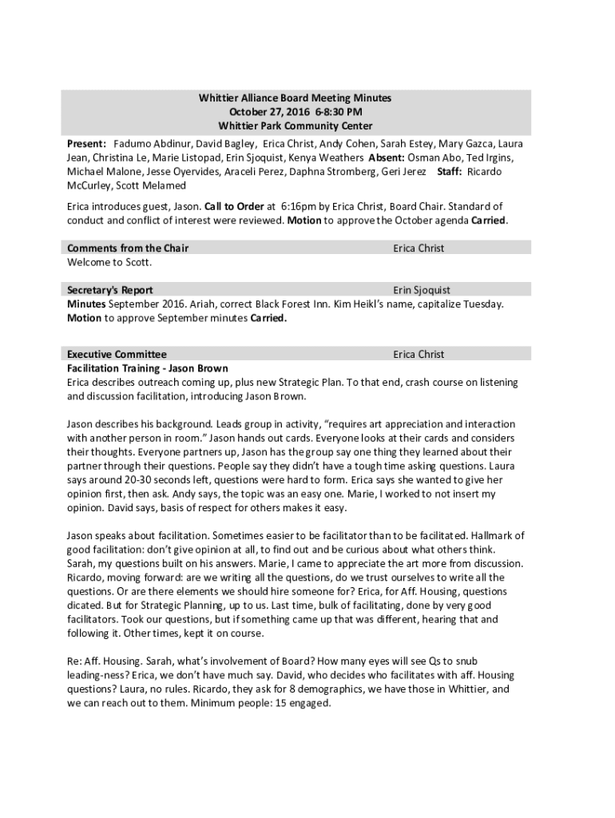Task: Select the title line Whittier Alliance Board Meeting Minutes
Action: click(x=295, y=97)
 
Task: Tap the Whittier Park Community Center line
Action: click(x=295, y=126)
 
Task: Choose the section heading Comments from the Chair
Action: click(x=128, y=248)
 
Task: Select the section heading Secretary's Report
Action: click(x=110, y=290)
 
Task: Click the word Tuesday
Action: click(x=483, y=304)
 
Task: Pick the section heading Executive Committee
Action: click(x=117, y=354)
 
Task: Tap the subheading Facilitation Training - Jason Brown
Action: click(x=148, y=368)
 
